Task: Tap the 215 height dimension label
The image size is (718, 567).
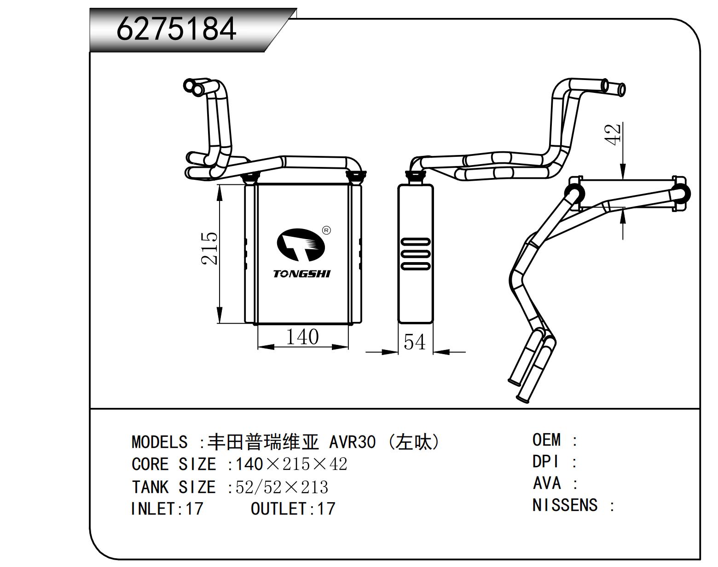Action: point(209,248)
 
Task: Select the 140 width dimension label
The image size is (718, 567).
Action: point(302,337)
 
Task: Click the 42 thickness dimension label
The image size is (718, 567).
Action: point(614,134)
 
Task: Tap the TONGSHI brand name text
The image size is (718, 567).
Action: point(301,274)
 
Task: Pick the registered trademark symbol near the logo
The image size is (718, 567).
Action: point(326,230)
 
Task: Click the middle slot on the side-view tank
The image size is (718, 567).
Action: point(416,254)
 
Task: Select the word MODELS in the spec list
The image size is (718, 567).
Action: point(159,442)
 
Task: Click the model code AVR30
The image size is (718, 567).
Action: point(353,442)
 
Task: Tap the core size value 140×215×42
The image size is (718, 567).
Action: point(291,464)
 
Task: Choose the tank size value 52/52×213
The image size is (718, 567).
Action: point(282,487)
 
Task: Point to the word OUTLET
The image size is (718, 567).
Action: point(278,509)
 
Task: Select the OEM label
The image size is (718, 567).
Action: point(546,440)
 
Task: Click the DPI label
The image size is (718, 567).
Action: point(545,462)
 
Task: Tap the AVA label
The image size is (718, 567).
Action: point(546,483)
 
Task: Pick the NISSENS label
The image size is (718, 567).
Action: point(565,505)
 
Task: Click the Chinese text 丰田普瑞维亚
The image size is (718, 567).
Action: point(263,442)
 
